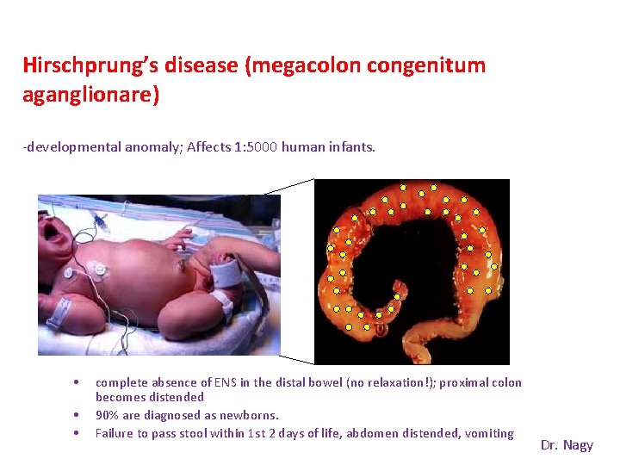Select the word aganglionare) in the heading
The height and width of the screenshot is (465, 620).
pyautogui.click(x=91, y=95)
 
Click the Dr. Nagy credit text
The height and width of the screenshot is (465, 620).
pyautogui.click(x=567, y=445)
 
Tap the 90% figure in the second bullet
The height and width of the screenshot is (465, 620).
pyautogui.click(x=108, y=415)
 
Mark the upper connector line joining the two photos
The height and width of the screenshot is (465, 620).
pyautogui.click(x=289, y=186)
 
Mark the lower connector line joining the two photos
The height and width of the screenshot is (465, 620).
pyautogui.click(x=296, y=359)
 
